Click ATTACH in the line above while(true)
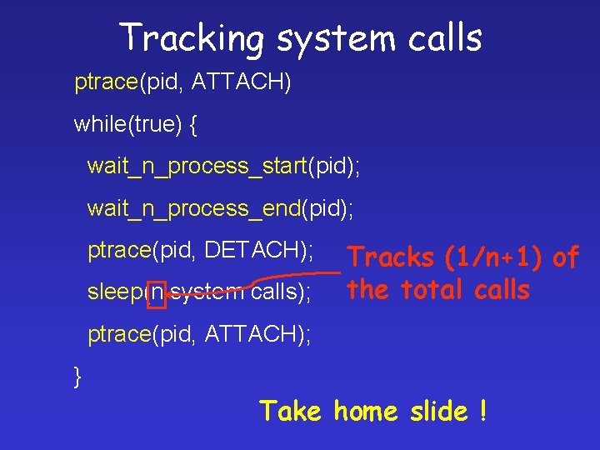click(x=241, y=82)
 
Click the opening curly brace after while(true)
click(x=193, y=125)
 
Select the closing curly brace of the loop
click(x=78, y=377)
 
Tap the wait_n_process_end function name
click(x=194, y=208)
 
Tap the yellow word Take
click(x=290, y=411)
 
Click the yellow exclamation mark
click(x=482, y=411)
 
